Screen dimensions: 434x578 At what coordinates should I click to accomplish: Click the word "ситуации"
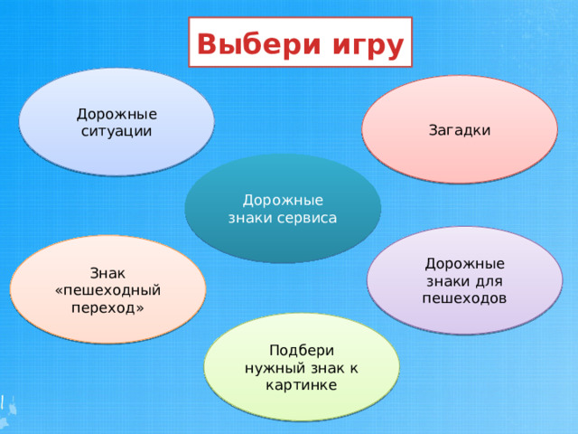coord(117,131)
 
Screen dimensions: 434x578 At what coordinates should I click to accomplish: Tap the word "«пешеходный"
coord(107,290)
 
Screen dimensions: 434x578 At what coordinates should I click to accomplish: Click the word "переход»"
coord(107,307)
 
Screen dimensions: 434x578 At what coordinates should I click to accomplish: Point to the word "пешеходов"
coord(464,297)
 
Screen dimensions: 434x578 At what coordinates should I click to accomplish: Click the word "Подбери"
coord(302,351)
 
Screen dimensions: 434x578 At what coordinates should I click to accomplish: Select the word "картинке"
coord(302,385)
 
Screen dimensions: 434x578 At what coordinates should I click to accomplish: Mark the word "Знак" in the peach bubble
coord(107,273)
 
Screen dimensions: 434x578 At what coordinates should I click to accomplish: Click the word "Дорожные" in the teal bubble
coord(283,201)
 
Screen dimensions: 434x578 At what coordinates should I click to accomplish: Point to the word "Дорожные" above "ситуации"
coord(117,114)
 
